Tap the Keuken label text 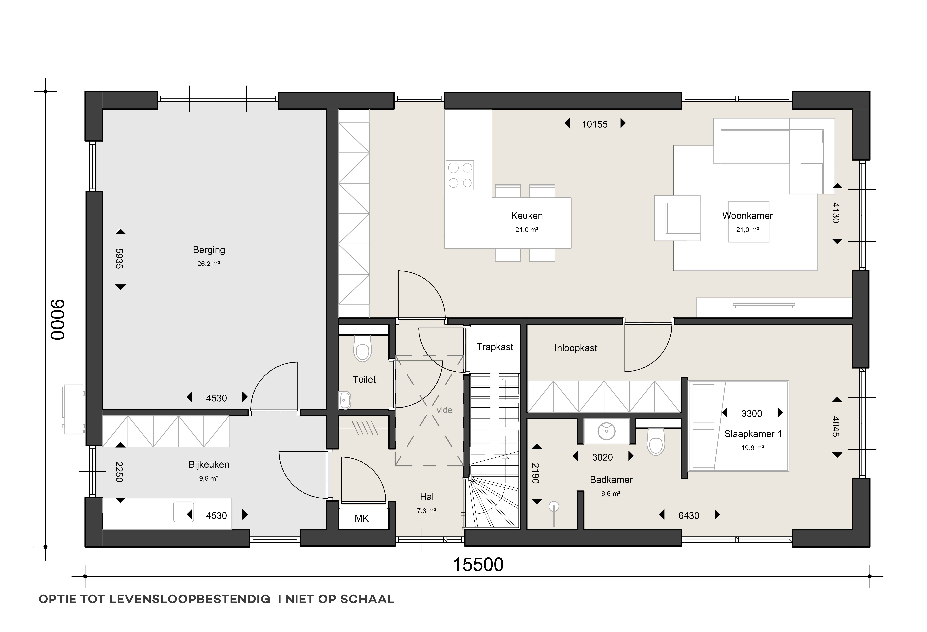click(527, 216)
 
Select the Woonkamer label click(747, 216)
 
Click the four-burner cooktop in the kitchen click(460, 175)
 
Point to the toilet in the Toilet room click(363, 348)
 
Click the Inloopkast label click(576, 348)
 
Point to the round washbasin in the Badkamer click(606, 431)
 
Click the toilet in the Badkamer click(656, 442)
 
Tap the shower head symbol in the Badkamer click(554, 507)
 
